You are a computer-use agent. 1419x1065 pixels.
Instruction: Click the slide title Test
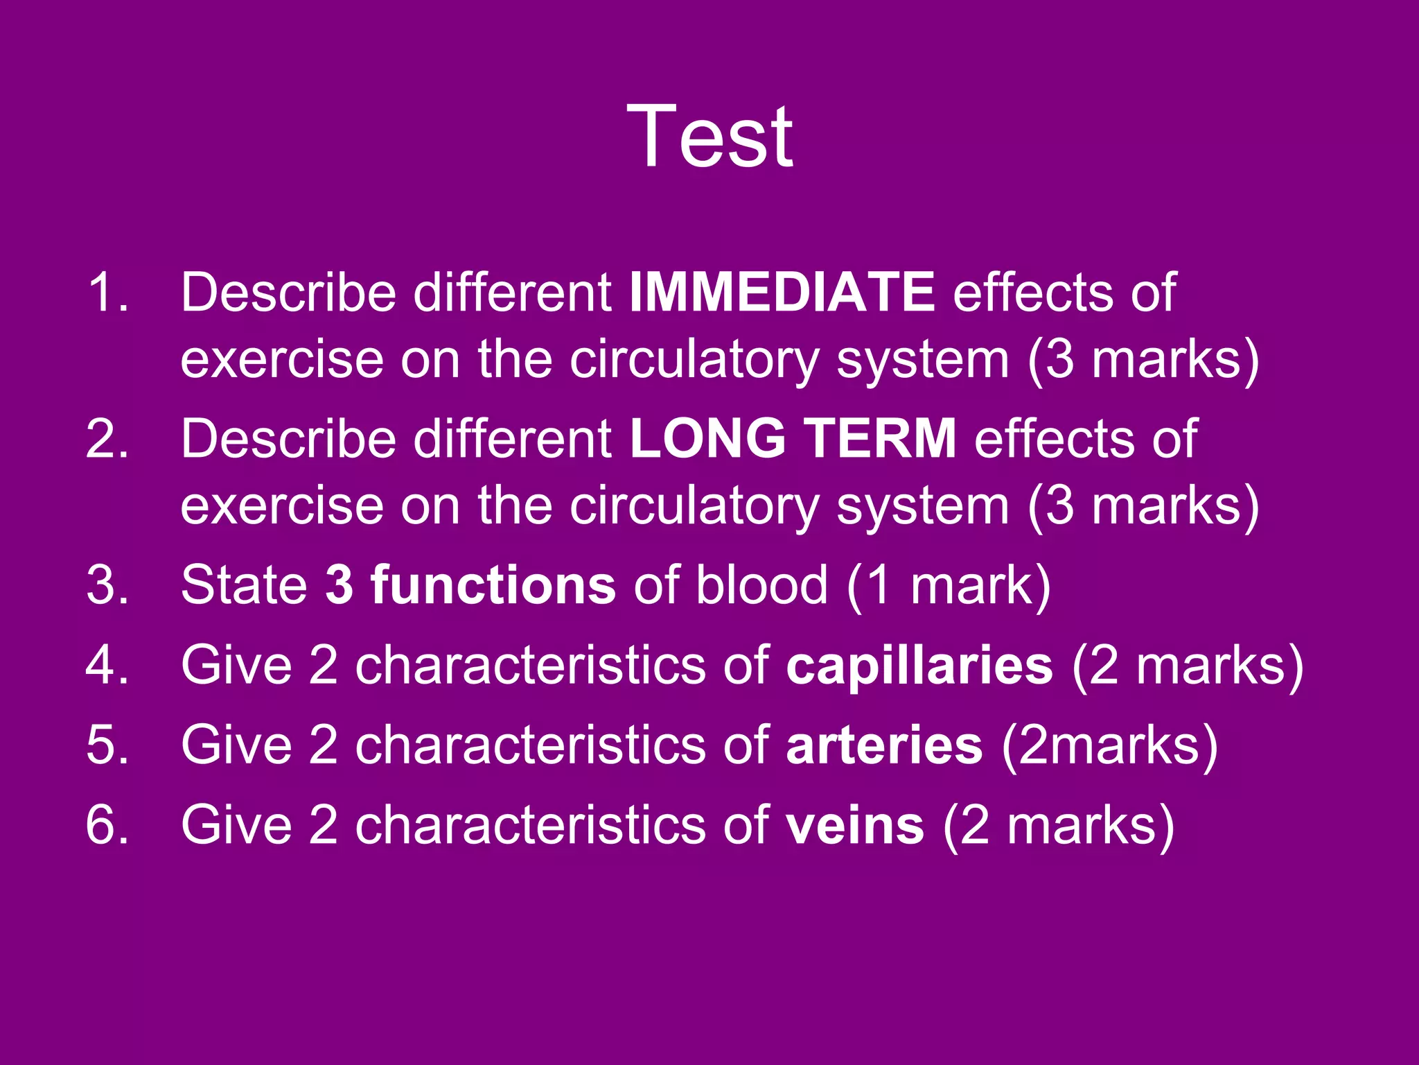[x=709, y=137]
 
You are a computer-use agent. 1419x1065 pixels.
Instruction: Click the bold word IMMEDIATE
[x=782, y=293]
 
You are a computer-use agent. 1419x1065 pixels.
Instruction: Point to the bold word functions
[x=493, y=585]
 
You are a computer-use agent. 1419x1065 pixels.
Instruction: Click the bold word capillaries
[x=919, y=665]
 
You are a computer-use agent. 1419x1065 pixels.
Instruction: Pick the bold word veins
[x=855, y=825]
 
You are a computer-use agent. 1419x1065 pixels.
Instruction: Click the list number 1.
[x=107, y=293]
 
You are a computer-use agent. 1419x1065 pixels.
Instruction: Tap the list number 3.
[x=107, y=585]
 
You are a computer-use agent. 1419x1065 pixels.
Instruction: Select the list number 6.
[x=107, y=825]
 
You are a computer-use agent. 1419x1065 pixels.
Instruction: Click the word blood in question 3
[x=761, y=585]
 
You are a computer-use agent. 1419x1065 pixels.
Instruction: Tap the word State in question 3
[x=244, y=585]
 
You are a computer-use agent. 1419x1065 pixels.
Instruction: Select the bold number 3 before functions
[x=340, y=585]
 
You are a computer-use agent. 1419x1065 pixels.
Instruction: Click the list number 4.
[x=107, y=665]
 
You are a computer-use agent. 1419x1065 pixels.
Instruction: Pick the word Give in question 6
[x=236, y=825]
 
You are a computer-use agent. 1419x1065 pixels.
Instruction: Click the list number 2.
[x=107, y=438]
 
